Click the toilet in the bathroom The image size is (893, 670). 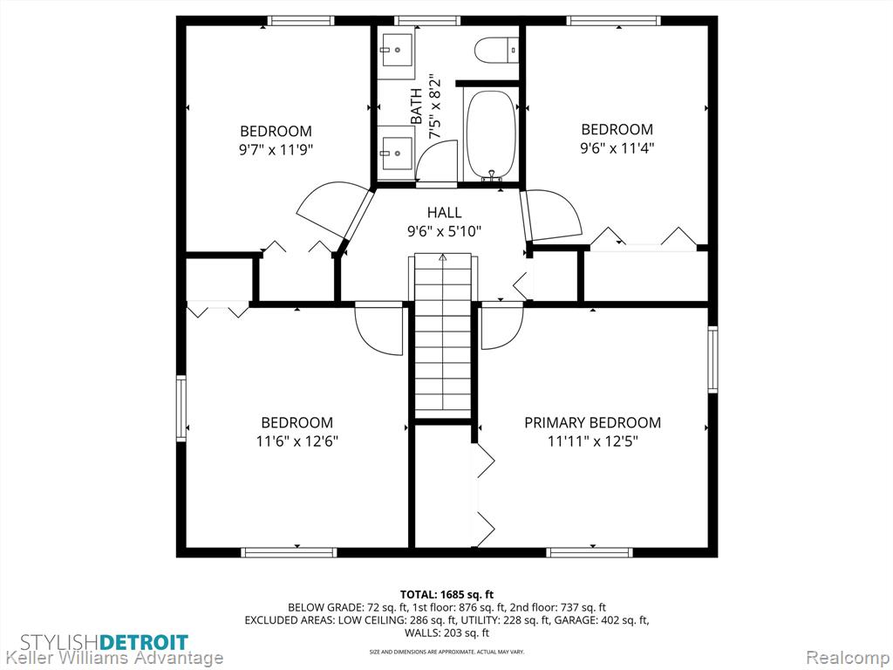tap(496, 50)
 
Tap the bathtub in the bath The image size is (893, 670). tap(492, 134)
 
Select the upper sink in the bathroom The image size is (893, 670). tap(397, 49)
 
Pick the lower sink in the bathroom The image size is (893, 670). tap(397, 153)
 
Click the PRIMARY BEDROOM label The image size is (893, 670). tap(592, 423)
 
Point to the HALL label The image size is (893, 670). tap(444, 213)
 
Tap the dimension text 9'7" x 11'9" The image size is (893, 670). tap(276, 150)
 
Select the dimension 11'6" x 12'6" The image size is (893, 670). tap(297, 441)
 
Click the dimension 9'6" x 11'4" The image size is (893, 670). tap(617, 148)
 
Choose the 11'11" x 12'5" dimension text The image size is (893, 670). tap(592, 441)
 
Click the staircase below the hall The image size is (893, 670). tap(443, 336)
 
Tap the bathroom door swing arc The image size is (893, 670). tap(436, 157)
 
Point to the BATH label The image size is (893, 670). tap(416, 106)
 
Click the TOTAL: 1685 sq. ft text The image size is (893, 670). tap(446, 595)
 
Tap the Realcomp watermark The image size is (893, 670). tap(848, 658)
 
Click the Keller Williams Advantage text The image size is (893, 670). tap(112, 658)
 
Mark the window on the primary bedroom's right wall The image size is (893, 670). tap(712, 359)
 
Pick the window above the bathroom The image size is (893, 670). tap(427, 21)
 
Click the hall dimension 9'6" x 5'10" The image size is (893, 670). tap(444, 231)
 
